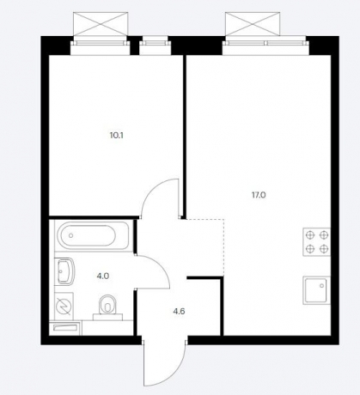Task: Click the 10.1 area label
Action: (x=117, y=136)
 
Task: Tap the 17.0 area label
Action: (x=259, y=195)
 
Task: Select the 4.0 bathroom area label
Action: (x=103, y=276)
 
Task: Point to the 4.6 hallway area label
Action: (x=179, y=311)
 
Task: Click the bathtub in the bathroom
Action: (x=93, y=236)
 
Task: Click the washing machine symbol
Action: (x=64, y=306)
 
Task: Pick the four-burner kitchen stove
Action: (x=316, y=242)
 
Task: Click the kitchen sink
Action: (x=316, y=290)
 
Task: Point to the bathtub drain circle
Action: (x=71, y=235)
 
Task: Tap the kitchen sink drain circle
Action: (x=322, y=286)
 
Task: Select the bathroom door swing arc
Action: (x=162, y=264)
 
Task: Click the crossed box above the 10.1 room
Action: (x=101, y=24)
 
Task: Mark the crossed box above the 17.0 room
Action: (x=253, y=24)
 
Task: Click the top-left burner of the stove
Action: (x=310, y=235)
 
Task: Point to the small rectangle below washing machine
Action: (x=65, y=328)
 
